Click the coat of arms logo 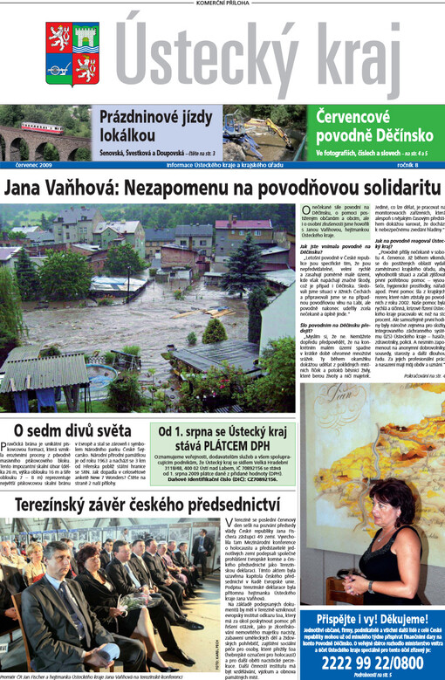point(72,54)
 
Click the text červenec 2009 point(34,165)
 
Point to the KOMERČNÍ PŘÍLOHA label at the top point(221,4)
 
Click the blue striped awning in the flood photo point(39,370)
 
